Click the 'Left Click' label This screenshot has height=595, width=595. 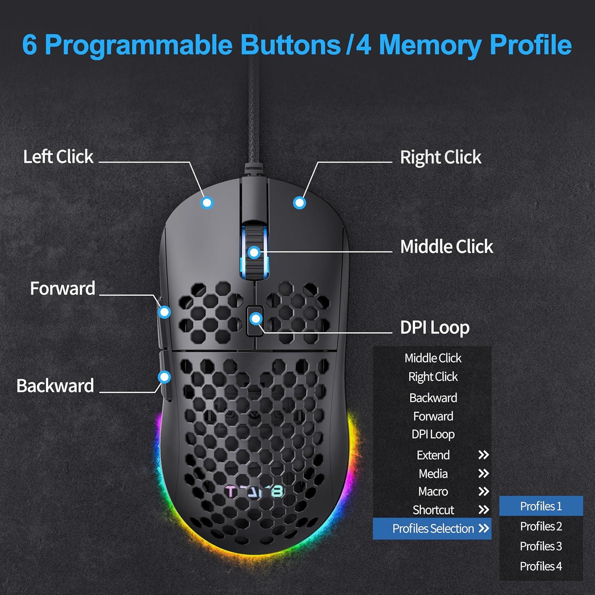(58, 157)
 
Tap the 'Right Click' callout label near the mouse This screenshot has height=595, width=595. (440, 157)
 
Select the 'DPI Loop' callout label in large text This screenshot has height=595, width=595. (435, 328)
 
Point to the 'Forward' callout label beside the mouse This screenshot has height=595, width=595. (63, 288)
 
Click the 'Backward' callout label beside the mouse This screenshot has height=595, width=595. (55, 386)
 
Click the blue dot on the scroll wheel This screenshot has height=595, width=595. (254, 252)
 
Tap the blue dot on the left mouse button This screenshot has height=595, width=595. (207, 203)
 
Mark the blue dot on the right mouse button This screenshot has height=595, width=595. (299, 203)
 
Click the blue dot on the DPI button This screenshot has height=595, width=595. (256, 319)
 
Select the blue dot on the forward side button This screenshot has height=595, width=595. (165, 312)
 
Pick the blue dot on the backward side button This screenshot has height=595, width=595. (164, 377)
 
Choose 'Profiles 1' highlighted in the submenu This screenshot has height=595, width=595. (541, 506)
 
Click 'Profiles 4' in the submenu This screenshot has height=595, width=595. (541, 566)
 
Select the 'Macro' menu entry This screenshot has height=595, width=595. (433, 491)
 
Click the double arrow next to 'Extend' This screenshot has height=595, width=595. (483, 455)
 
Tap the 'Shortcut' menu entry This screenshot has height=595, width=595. (433, 510)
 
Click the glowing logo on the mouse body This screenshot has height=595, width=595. (254, 492)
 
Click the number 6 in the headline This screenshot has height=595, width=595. (30, 45)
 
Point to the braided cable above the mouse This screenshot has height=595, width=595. (253, 119)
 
